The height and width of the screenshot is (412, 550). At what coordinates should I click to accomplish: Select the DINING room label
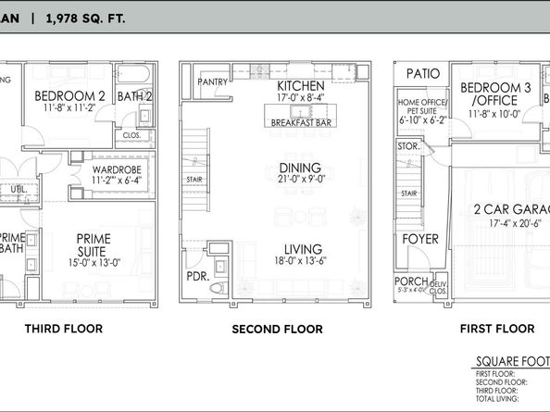pos(299,168)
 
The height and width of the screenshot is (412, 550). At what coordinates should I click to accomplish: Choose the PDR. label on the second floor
pos(195,277)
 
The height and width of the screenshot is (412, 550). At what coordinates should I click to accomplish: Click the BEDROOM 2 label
pos(69,95)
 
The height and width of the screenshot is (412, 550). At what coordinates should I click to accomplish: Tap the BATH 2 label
pos(134,95)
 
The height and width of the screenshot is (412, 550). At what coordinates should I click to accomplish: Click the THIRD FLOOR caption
pos(64,329)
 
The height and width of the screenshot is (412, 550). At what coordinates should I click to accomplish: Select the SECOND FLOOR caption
pos(277,329)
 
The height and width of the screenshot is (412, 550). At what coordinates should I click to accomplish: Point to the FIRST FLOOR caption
pos(497,329)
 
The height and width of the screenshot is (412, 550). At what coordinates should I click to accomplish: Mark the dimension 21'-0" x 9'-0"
pos(299,181)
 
